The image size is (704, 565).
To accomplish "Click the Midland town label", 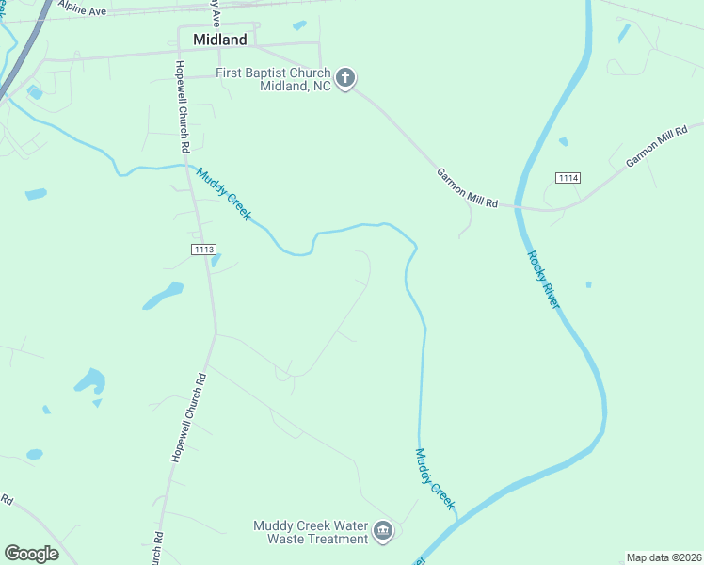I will pos(219,40).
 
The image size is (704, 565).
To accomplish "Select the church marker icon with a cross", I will pos(345,78).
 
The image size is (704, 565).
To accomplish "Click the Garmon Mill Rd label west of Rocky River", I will pos(467,187).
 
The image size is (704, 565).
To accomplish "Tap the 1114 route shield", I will pos(568,178).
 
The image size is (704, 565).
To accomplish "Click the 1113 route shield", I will pos(203,249).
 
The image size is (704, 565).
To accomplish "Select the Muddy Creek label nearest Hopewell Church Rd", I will pos(224,193).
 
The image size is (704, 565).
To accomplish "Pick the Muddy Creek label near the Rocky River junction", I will pos(434,477).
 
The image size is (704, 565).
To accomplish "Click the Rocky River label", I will pos(544,280).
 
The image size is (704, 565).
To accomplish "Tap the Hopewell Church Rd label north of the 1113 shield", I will pos(182,107).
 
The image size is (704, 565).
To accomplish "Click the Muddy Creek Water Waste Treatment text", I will pos(312,532).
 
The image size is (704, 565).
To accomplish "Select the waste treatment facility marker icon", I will pos(383,531).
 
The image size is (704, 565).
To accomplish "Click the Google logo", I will pos(31,553).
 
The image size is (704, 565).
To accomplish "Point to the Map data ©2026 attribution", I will pos(664,557).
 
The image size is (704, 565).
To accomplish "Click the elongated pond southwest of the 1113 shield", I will pos(162,296).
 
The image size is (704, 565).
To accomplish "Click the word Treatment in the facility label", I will pos(341,540).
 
